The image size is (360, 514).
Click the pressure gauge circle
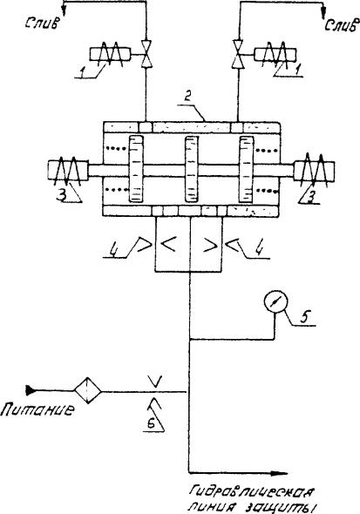point(275,301)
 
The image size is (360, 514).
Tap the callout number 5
point(304,316)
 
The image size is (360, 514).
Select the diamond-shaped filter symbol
point(87,390)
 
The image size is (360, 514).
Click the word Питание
point(37,409)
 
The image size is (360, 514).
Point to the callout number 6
point(151,424)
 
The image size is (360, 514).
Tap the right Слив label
point(340,25)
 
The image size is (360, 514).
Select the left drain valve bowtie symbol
point(146,54)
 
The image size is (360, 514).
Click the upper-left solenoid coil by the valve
point(110,54)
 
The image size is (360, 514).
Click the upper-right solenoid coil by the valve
point(275,55)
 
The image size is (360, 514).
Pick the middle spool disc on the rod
point(192,169)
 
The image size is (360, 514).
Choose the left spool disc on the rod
point(136,169)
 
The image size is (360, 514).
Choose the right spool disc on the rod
point(247,170)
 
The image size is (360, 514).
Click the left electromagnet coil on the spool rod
point(68,171)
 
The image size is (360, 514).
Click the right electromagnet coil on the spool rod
point(314,171)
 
